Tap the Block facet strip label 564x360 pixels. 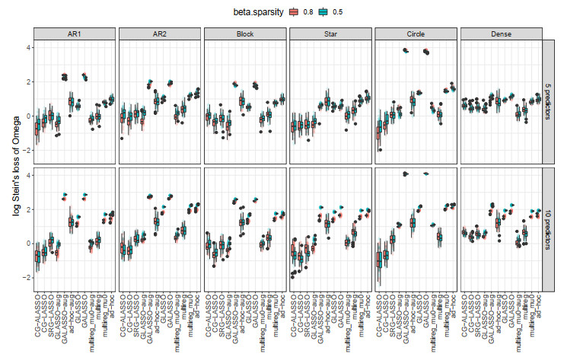click(244, 34)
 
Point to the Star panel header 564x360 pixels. click(329, 34)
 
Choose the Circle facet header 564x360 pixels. click(414, 34)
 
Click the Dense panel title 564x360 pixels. click(499, 34)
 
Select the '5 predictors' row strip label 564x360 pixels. click(550, 101)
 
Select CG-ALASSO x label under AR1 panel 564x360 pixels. click(38, 323)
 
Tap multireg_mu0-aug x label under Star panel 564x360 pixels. click(346, 327)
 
